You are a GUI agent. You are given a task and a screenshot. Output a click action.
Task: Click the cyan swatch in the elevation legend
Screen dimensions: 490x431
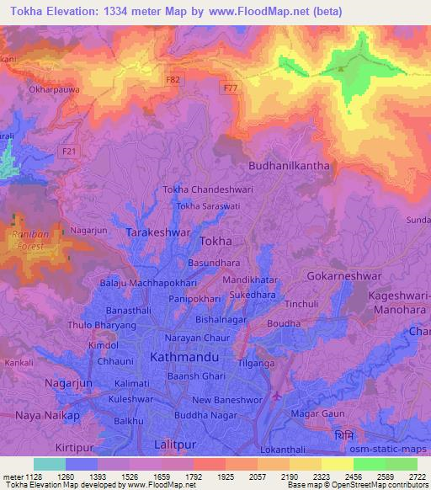(49, 464)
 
